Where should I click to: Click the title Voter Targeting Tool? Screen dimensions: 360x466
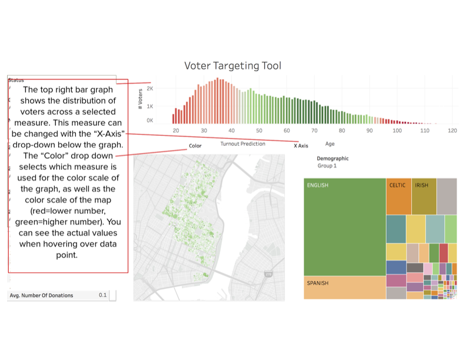click(x=232, y=65)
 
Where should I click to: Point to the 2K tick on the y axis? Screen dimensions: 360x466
click(x=150, y=89)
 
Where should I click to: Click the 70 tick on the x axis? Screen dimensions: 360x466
click(x=314, y=130)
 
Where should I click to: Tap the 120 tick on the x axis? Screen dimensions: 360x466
click(x=452, y=130)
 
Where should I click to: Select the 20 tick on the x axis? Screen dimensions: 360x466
click(x=176, y=130)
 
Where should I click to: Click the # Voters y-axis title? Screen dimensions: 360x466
click(x=140, y=101)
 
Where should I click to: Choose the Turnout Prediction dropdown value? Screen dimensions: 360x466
click(x=242, y=144)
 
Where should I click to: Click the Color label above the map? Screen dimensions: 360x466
click(x=195, y=146)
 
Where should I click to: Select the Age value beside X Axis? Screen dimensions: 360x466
click(x=329, y=144)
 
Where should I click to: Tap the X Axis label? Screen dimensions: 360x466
click(x=301, y=145)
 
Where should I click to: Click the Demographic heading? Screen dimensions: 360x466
click(x=332, y=159)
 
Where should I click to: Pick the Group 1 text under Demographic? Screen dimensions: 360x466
click(x=327, y=166)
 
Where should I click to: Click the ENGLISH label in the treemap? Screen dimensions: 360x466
click(x=318, y=185)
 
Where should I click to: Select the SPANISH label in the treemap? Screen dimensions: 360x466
click(x=318, y=283)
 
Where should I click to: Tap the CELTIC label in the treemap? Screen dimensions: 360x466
click(x=397, y=185)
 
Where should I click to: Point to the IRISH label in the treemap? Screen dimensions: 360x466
click(x=421, y=185)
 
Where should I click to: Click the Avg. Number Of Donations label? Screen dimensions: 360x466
click(x=41, y=295)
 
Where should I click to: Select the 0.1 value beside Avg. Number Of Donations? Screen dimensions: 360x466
click(x=102, y=295)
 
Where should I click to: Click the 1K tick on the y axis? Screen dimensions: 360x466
click(x=150, y=106)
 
